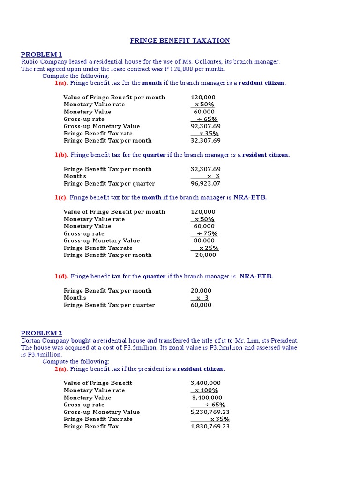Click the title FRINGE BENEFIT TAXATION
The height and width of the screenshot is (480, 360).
[180, 41]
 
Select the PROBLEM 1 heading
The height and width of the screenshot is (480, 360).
[41, 55]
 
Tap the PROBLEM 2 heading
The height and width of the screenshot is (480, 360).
[41, 333]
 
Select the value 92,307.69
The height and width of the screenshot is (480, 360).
[205, 126]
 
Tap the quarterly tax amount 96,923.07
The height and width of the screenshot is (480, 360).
[205, 183]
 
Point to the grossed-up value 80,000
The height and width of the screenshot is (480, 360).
[204, 240]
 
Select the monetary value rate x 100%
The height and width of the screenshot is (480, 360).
[206, 390]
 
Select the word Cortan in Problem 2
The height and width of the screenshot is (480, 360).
[31, 340]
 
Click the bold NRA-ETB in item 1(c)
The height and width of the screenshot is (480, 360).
[250, 197]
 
